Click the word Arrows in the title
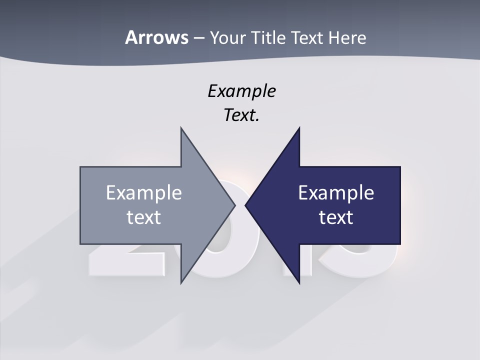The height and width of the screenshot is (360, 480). (156, 37)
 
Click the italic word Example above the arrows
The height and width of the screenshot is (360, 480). (241, 91)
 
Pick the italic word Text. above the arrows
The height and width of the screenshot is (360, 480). (241, 115)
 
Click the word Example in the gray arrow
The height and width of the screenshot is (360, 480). (144, 192)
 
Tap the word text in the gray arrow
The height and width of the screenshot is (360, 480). (144, 217)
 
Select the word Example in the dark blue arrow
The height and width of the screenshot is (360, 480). (336, 192)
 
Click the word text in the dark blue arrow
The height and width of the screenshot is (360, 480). (336, 217)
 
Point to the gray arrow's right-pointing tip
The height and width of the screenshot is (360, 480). (235, 205)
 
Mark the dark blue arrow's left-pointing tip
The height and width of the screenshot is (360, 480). (245, 205)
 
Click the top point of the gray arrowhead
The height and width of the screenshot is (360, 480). (181, 128)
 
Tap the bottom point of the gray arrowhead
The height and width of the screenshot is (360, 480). (181, 283)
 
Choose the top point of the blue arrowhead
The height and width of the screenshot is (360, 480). (299, 128)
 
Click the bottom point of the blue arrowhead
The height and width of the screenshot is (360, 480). (299, 283)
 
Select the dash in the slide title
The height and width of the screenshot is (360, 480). (198, 37)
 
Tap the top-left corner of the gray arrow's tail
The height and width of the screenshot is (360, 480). (80, 167)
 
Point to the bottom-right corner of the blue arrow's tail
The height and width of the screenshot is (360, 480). (400, 244)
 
